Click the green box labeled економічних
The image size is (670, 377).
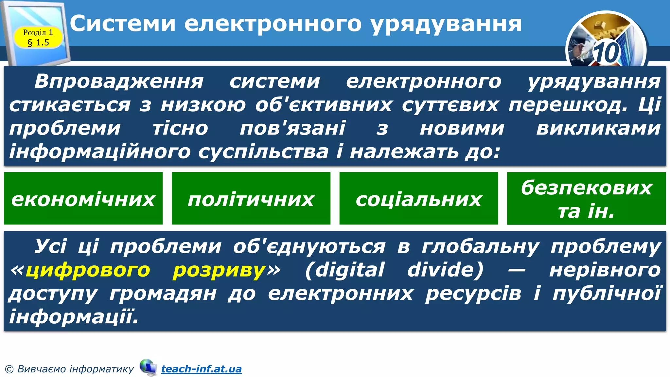tap(83, 199)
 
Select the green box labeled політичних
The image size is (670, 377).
tap(251, 199)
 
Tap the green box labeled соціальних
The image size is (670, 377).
tap(418, 199)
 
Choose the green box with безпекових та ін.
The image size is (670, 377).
tap(586, 199)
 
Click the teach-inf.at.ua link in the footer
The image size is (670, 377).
tap(201, 369)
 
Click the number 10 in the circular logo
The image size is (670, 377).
tap(606, 52)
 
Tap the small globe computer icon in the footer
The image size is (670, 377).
tap(148, 368)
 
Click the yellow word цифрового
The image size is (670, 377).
tap(88, 270)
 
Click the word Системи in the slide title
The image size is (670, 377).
tap(123, 24)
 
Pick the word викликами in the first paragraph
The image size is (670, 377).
tap(598, 128)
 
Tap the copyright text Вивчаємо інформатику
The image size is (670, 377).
tap(75, 369)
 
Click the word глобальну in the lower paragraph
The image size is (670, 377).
tap(480, 247)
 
